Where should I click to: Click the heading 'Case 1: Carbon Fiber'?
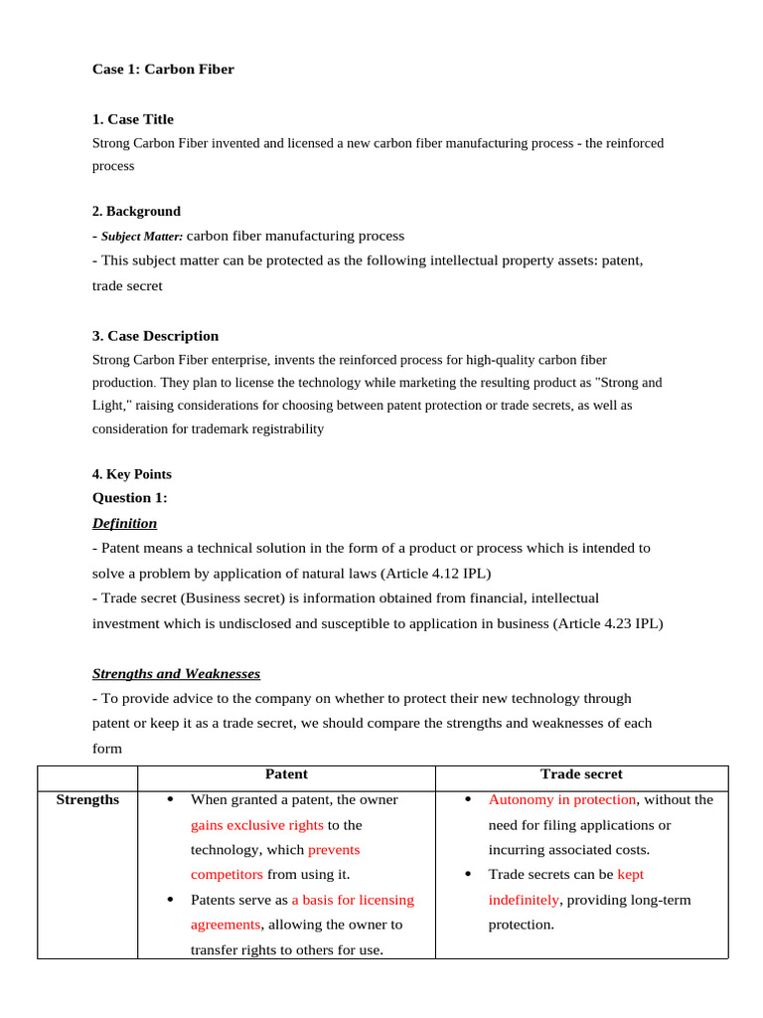163,70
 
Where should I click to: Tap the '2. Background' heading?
136,211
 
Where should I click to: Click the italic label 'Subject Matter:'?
142,237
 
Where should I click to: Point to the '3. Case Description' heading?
155,336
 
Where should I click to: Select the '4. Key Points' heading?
132,474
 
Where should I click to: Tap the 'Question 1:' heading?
130,497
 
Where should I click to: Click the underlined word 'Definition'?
124,523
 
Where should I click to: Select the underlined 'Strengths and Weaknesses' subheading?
176,673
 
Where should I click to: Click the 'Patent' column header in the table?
286,774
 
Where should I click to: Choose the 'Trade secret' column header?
581,774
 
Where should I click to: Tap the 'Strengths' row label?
87,799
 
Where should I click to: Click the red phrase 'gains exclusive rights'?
256,825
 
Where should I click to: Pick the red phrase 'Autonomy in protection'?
562,799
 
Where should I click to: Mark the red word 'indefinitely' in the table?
524,900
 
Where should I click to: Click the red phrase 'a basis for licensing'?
353,900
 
